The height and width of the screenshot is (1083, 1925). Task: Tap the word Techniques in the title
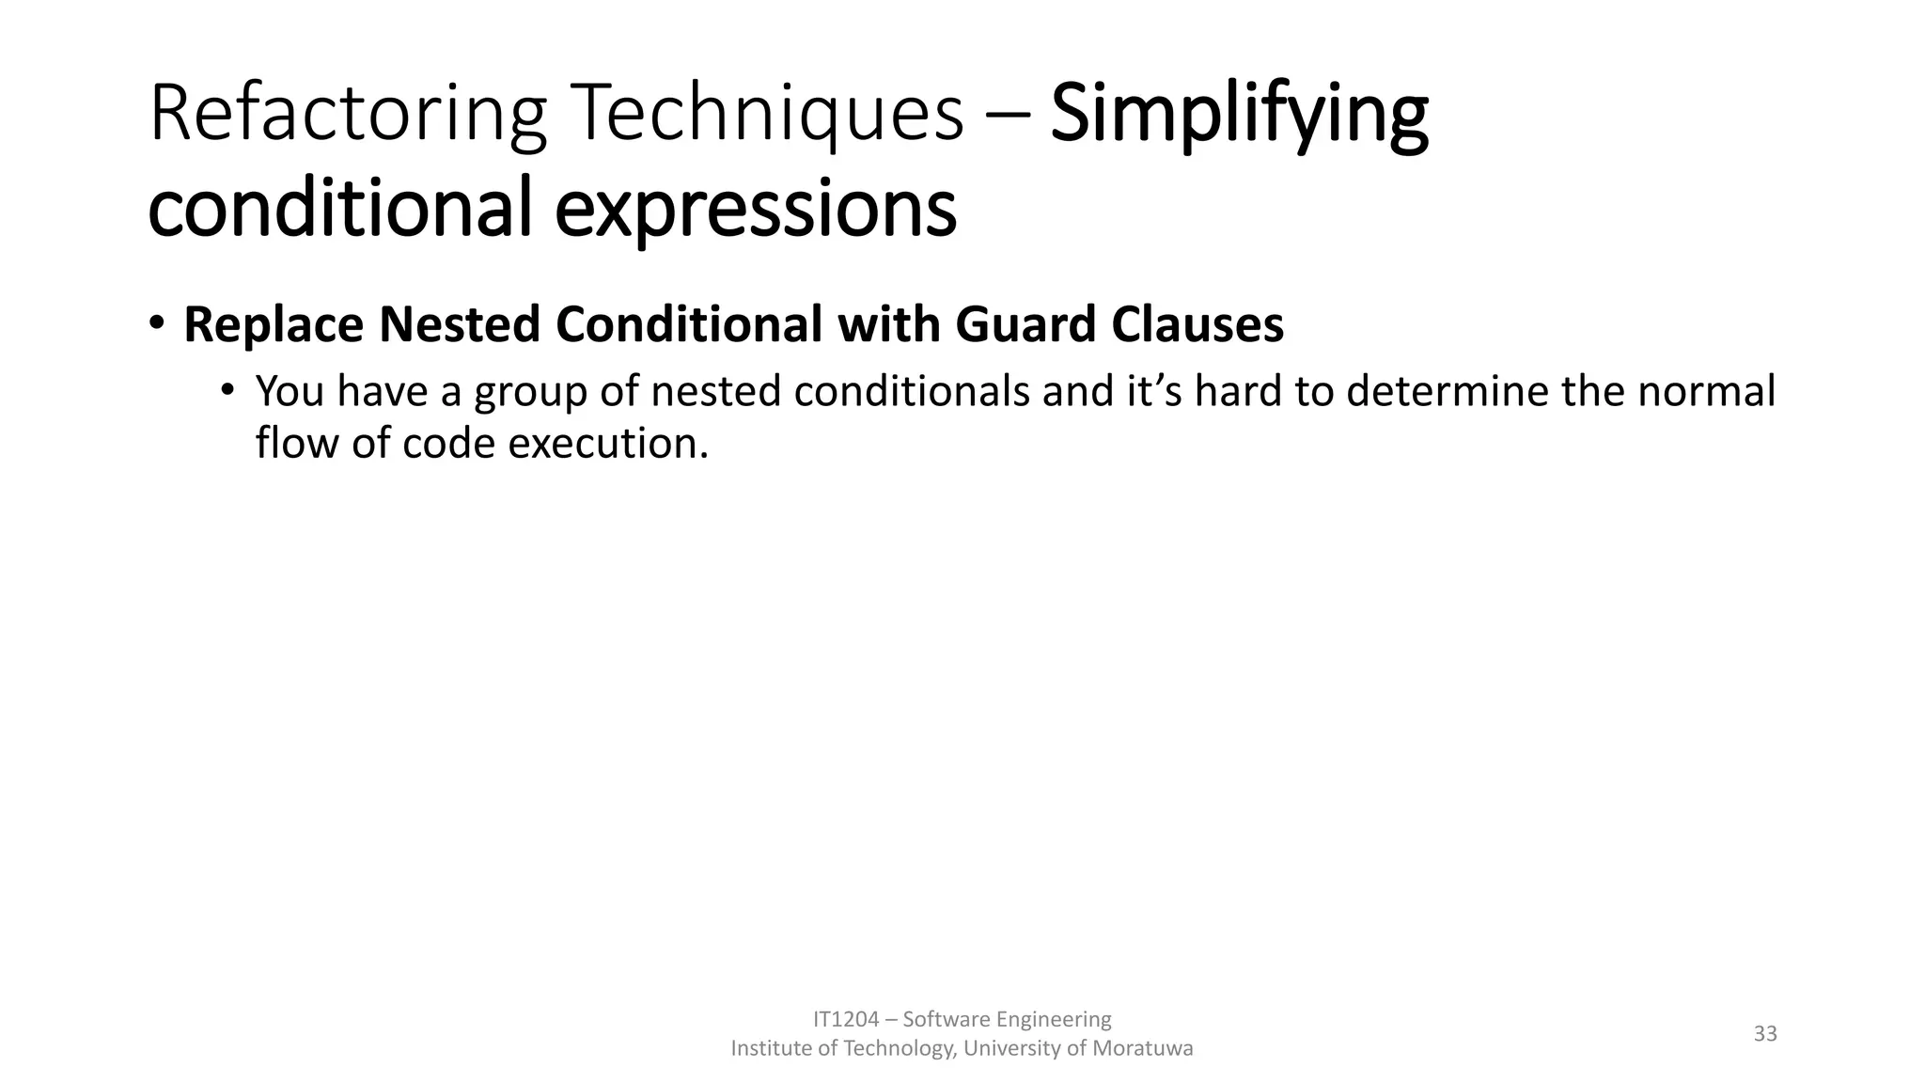click(769, 115)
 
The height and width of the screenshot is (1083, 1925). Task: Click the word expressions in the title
click(755, 208)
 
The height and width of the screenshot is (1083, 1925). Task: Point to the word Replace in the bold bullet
click(273, 324)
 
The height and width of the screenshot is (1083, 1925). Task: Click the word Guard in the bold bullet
click(1026, 324)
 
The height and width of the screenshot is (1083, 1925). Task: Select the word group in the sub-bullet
click(530, 393)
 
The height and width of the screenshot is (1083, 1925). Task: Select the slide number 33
click(1765, 1033)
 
